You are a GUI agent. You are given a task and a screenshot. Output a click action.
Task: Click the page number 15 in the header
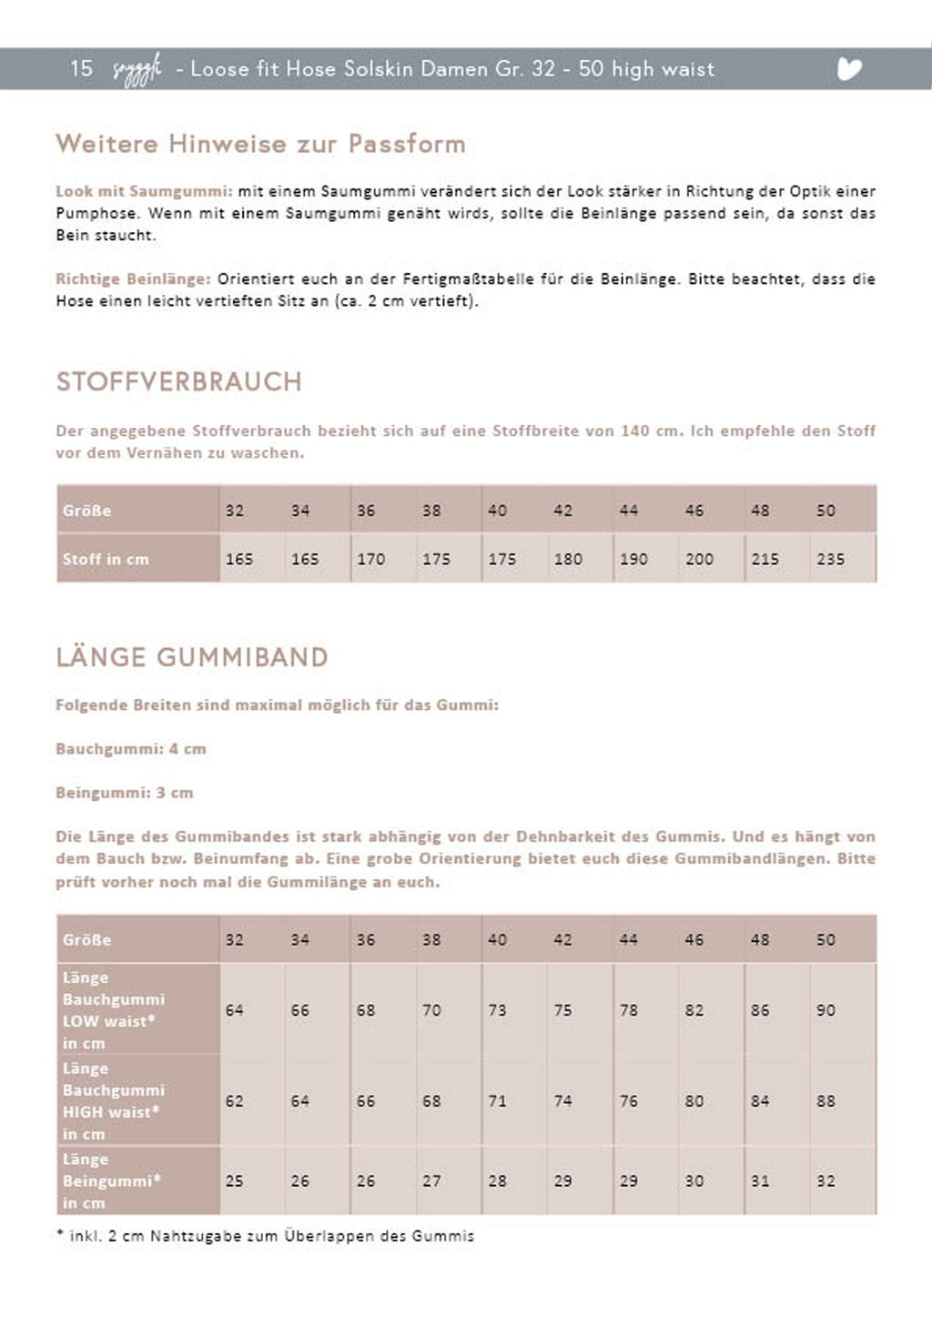click(x=81, y=68)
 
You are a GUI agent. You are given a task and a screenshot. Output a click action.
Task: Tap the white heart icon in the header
click(x=848, y=69)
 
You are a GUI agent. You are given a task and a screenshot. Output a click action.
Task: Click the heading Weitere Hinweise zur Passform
click(x=260, y=144)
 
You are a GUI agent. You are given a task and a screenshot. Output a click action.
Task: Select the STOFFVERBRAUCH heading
click(x=178, y=381)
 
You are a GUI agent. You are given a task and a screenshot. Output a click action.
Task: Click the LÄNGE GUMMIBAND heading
click(x=192, y=657)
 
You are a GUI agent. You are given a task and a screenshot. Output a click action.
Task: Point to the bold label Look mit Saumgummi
click(x=144, y=191)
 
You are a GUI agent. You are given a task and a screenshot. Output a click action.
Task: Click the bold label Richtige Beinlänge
click(x=133, y=279)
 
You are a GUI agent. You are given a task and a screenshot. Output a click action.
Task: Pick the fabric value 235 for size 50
click(x=830, y=559)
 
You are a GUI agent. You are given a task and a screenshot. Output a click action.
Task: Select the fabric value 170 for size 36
click(x=370, y=559)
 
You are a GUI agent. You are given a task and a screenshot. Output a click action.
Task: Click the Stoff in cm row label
click(x=106, y=559)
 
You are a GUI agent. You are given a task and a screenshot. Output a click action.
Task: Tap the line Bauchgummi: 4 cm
click(x=131, y=749)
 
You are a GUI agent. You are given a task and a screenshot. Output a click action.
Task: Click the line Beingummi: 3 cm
click(x=125, y=793)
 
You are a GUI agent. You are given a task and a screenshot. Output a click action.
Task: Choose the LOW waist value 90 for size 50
click(x=826, y=1010)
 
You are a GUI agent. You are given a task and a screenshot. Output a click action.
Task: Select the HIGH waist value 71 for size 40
click(x=497, y=1101)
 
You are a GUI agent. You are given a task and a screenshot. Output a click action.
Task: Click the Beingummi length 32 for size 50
click(x=826, y=1181)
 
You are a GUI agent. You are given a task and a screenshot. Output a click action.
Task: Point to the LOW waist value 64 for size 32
click(x=235, y=1010)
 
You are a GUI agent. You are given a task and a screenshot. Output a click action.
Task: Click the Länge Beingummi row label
click(x=112, y=1181)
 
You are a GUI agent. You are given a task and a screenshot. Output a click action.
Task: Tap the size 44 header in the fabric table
click(x=629, y=511)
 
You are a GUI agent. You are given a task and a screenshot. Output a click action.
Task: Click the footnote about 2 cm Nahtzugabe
click(x=265, y=1236)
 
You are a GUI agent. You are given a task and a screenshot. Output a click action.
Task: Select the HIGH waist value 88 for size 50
click(x=826, y=1101)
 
